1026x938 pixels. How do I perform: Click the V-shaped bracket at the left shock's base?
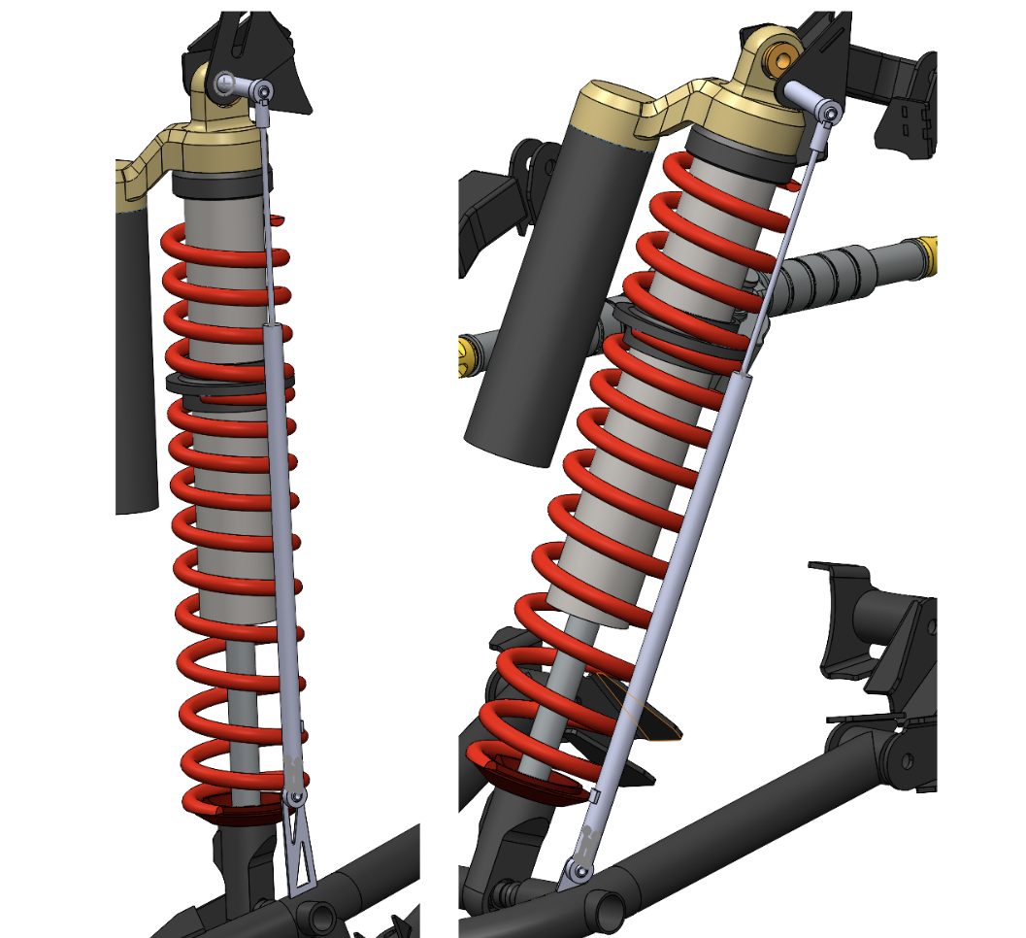tap(303, 854)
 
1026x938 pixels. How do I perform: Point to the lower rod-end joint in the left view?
tap(295, 797)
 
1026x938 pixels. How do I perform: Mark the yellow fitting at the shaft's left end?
tap(470, 353)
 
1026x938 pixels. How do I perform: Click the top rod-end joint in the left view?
tap(262, 92)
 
